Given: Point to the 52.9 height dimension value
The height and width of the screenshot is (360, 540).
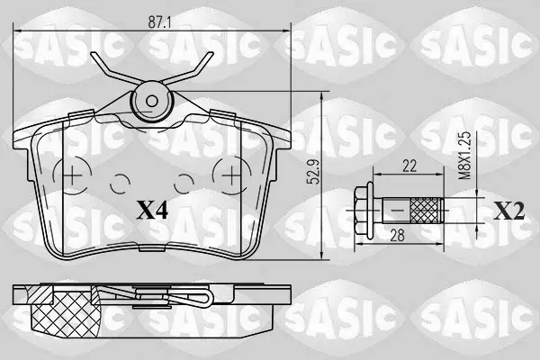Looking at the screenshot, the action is pyautogui.click(x=314, y=172).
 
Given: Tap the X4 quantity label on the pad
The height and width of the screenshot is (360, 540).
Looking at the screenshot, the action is pyautogui.click(x=152, y=210).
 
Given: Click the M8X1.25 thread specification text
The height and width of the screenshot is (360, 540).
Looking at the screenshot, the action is pyautogui.click(x=465, y=156).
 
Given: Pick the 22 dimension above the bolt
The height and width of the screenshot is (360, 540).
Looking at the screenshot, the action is pyautogui.click(x=409, y=166).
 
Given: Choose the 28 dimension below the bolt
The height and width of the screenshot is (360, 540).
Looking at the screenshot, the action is pyautogui.click(x=397, y=236).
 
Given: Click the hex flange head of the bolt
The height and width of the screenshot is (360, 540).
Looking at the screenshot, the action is pyautogui.click(x=364, y=211).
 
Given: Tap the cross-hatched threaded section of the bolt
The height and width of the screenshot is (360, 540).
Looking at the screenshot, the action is pyautogui.click(x=426, y=210).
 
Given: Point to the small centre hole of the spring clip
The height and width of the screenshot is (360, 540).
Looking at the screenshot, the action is pyautogui.click(x=151, y=101).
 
